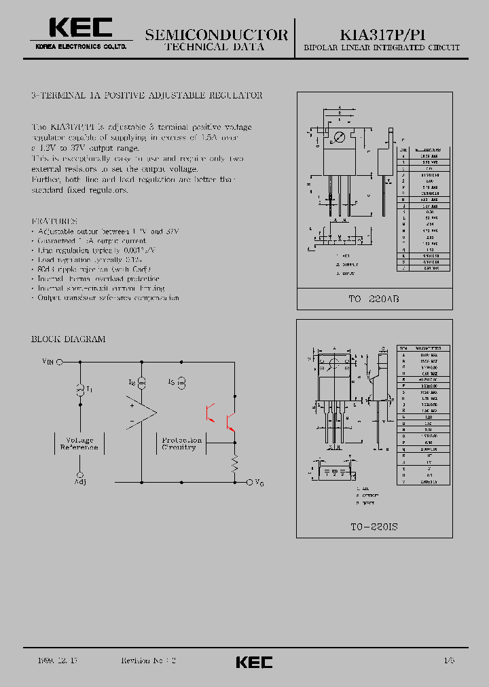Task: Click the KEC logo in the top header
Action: pos(80,28)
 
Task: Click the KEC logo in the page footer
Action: pos(254,662)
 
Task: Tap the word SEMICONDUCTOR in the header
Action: pos(216,35)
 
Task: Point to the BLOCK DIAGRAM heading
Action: pos(69,339)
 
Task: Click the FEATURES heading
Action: pos(55,221)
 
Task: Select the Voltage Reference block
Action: pos(79,444)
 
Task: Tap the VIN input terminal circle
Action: pos(59,363)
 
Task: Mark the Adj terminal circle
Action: pos(79,475)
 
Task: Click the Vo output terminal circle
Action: pos(249,482)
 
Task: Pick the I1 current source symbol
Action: pos(79,389)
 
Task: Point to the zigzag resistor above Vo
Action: pos(235,464)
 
